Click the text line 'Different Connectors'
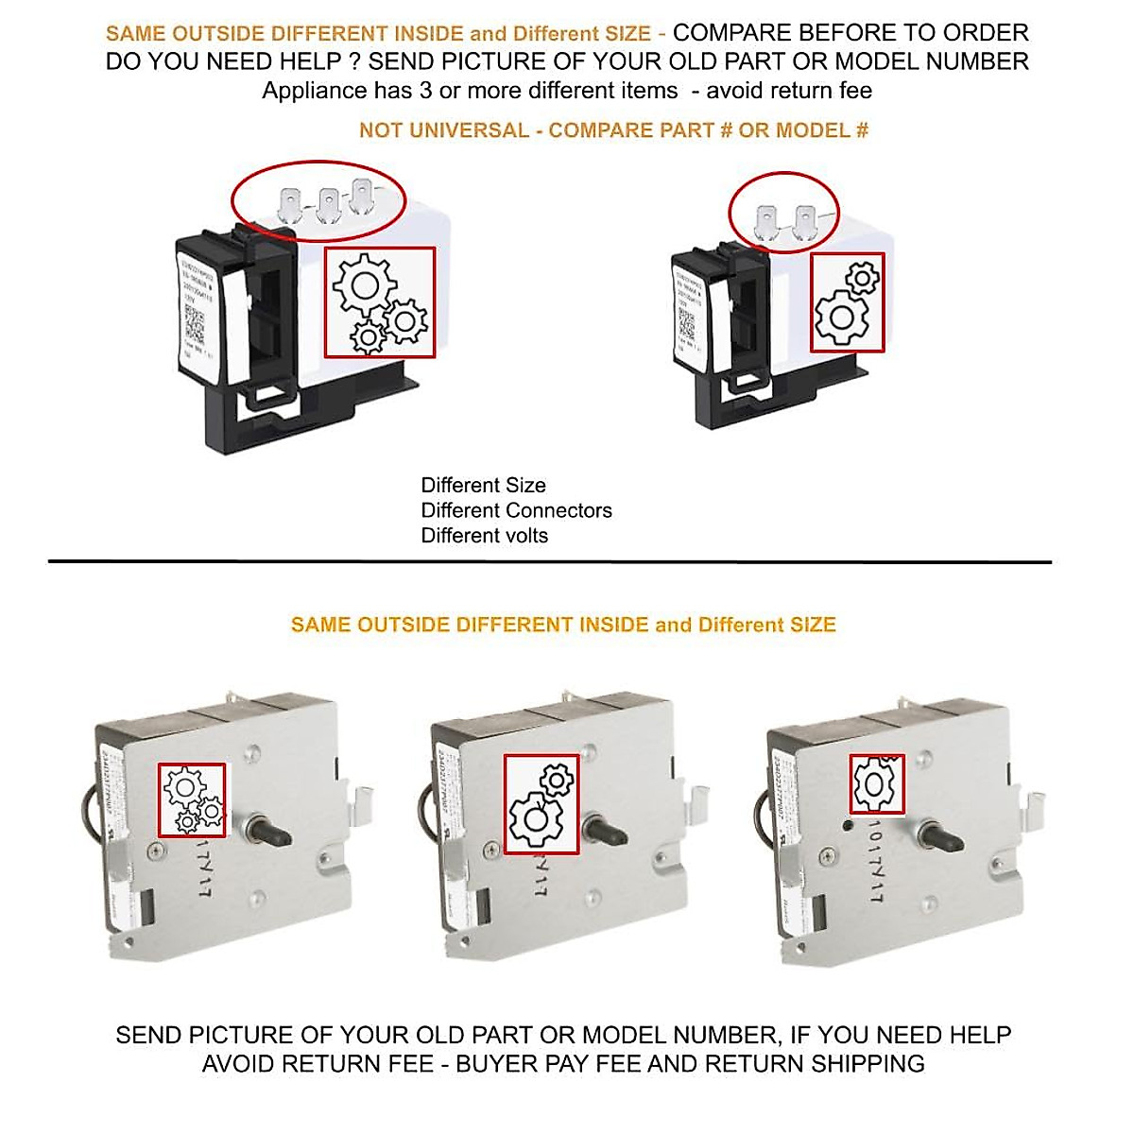516,510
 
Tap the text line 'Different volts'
484,536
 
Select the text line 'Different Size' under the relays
483,485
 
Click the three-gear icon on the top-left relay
379,302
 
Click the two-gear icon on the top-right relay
848,302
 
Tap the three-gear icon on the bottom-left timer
192,799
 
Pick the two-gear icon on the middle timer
541,804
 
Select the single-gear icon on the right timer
876,783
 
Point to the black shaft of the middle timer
606,831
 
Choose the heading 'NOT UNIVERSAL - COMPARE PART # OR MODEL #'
613,130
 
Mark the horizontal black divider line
549,562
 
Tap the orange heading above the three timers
563,625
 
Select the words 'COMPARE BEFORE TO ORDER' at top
850,33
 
